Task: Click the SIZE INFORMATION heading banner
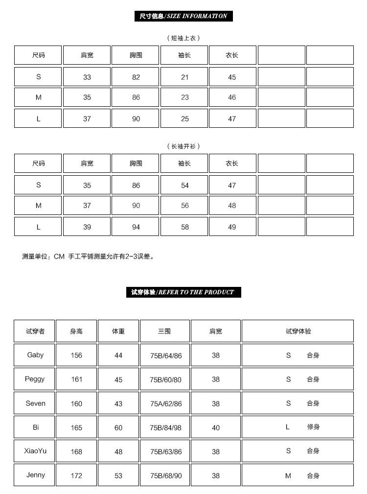(183, 16)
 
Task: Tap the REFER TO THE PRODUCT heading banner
(183, 292)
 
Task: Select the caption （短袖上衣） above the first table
(183, 38)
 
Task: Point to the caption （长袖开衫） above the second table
(183, 146)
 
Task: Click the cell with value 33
(87, 77)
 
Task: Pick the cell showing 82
(136, 77)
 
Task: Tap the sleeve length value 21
(184, 77)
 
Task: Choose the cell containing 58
(184, 227)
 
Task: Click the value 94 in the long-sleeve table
(136, 227)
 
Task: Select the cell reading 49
(232, 227)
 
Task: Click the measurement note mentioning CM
(88, 256)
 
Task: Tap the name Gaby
(35, 355)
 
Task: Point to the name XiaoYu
(35, 451)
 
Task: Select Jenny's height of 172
(76, 475)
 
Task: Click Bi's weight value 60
(118, 427)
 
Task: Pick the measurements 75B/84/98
(165, 427)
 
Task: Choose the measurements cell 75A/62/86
(165, 404)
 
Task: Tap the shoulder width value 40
(216, 427)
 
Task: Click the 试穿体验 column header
(298, 331)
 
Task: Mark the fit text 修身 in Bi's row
(313, 427)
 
